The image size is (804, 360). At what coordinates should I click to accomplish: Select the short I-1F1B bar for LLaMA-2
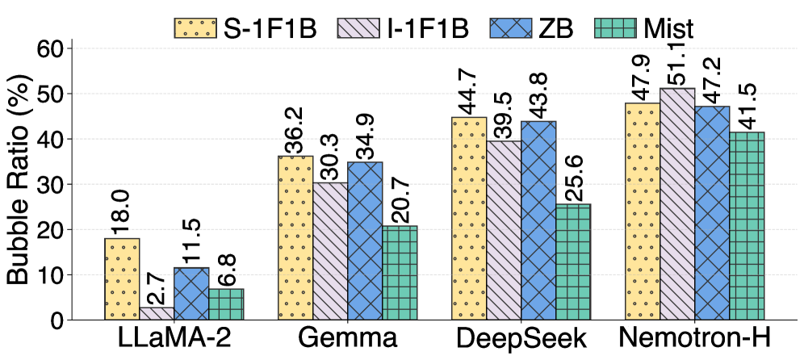157,313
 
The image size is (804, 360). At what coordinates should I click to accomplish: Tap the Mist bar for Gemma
400,273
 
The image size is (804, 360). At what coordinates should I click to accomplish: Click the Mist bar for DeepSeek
573,262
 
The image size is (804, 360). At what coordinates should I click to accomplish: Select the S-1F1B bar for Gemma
295,237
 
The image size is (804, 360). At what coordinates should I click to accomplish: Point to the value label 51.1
678,63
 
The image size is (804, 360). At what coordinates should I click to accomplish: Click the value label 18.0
122,212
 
